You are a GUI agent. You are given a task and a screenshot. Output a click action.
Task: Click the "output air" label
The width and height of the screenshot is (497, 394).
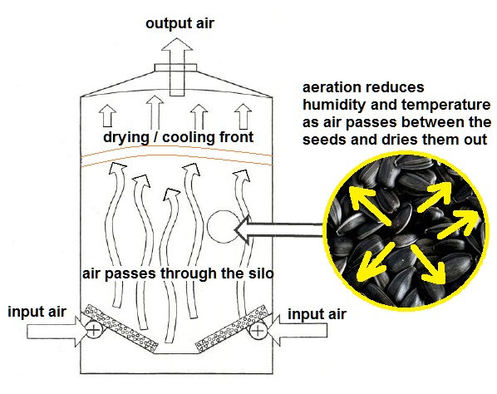pos(180,24)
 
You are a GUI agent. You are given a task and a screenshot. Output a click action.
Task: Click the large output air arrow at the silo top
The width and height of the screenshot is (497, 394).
pos(177,66)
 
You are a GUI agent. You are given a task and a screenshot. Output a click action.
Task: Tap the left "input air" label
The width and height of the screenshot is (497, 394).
pos(37,312)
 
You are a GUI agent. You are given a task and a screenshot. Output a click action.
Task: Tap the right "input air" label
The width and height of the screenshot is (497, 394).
pos(317,314)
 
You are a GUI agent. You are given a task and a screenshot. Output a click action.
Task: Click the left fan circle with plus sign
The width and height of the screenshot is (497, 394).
pos(94,331)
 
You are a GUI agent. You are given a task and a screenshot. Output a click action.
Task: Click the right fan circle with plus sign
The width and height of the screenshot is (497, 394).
pos(258,331)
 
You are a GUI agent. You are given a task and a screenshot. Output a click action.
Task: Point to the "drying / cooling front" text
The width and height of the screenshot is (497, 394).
pos(178,137)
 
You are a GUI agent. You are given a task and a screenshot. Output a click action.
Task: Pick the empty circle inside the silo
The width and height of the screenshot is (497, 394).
pos(224,227)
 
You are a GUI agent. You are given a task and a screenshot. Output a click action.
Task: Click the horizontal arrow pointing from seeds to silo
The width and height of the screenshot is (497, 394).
pos(279,229)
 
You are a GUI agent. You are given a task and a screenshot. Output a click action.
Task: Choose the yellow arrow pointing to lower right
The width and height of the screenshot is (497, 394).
pos(429,263)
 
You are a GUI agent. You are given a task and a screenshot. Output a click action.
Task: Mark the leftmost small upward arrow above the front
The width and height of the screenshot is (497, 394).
pos(107,116)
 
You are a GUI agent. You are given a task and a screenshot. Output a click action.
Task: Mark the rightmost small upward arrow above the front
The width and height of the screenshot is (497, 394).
pos(244,116)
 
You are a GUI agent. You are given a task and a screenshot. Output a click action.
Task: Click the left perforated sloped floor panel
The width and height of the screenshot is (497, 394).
pos(121,327)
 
